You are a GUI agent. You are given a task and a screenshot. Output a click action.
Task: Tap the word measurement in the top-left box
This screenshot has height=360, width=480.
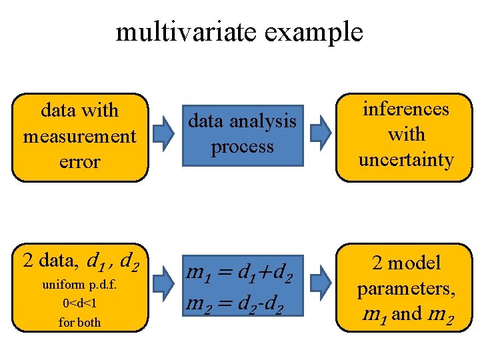coord(79,136)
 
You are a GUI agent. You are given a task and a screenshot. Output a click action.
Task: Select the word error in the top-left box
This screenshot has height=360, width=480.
coord(79,161)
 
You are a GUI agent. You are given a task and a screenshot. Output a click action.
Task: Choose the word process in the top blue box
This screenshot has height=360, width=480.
coord(242,147)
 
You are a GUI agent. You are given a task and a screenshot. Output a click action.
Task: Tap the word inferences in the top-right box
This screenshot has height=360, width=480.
coord(405,109)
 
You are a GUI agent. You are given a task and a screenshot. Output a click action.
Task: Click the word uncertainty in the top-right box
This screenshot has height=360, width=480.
coord(405,160)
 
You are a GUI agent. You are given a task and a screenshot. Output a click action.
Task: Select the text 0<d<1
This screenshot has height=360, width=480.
coord(79,303)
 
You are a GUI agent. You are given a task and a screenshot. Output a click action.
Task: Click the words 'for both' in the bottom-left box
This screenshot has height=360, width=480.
coord(79,322)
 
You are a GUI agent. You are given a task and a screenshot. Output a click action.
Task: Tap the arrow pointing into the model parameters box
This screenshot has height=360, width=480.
coord(321,284)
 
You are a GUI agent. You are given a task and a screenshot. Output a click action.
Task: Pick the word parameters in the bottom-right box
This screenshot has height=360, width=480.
coord(405,289)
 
